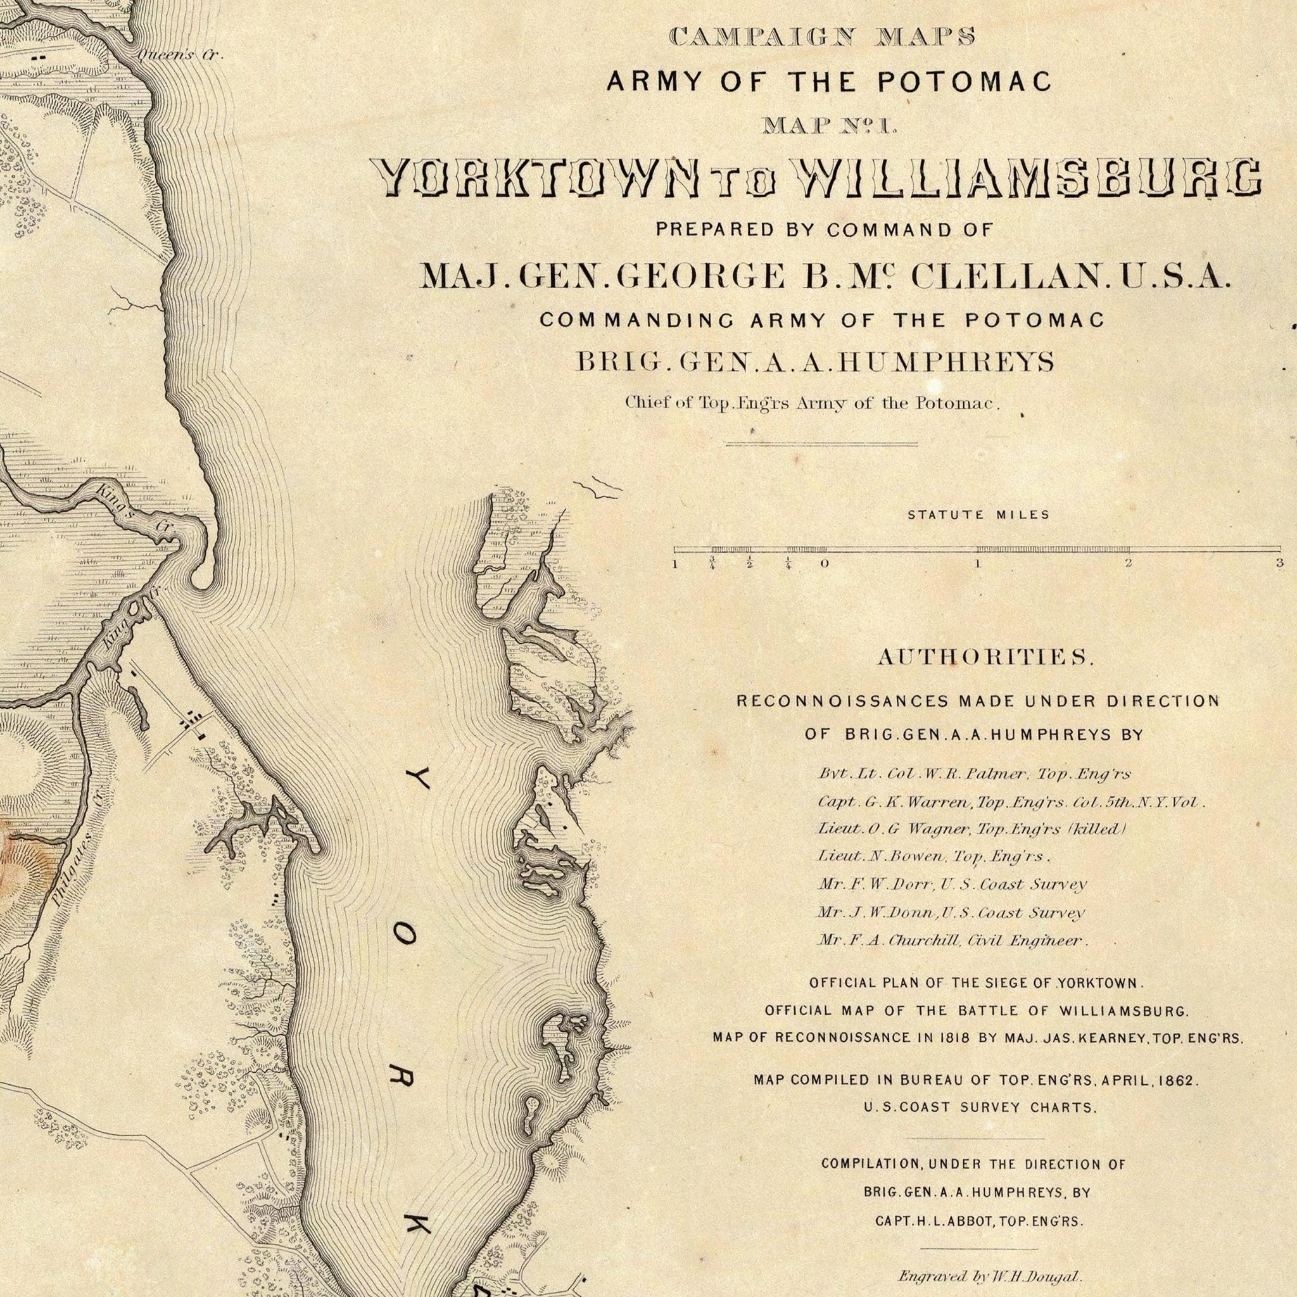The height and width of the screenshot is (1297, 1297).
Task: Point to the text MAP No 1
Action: tap(830, 125)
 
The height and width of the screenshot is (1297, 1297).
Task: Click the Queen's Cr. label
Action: tap(180, 56)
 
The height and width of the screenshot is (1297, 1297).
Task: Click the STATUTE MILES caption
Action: tap(978, 515)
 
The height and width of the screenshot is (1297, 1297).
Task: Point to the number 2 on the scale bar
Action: tap(1129, 563)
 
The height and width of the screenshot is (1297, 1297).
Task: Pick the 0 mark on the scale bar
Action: tap(824, 564)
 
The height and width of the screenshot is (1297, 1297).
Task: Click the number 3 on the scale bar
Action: tap(1279, 563)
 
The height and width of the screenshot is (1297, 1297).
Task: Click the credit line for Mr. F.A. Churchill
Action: tap(952, 940)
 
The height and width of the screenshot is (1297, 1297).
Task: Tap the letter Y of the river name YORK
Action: tap(411, 781)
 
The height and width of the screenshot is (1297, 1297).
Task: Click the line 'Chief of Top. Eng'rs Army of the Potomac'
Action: tap(813, 403)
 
